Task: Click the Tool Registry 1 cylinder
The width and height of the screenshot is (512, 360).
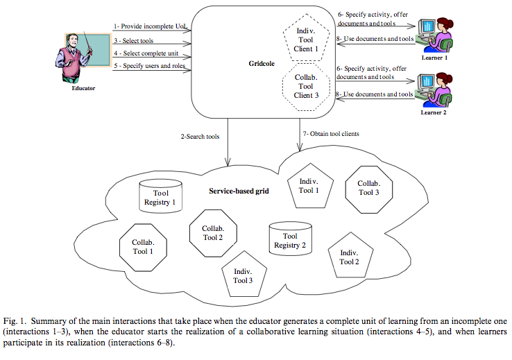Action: coord(160,196)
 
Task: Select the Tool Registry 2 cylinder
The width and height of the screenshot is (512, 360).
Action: coord(290,239)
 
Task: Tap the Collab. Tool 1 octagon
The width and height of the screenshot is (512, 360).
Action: coord(143,248)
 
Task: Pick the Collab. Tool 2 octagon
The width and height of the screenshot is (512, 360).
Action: coord(213,233)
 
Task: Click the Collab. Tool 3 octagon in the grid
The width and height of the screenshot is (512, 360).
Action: coord(369,189)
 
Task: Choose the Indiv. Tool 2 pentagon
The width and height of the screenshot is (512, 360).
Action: coord(350,255)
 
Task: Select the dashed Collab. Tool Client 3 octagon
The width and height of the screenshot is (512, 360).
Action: coord(306,87)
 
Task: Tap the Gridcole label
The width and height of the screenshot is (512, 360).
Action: coord(262,64)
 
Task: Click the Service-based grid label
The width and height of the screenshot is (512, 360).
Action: coord(239,191)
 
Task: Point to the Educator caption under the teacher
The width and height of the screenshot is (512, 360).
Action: coord(83,88)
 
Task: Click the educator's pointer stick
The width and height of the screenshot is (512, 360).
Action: coord(87,42)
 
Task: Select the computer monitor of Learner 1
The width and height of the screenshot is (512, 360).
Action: coord(427,26)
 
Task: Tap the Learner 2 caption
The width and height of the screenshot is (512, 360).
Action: coord(434,112)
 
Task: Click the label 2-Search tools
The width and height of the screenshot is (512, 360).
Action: coord(200,137)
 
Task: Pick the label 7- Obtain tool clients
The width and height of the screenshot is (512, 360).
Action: coord(331,133)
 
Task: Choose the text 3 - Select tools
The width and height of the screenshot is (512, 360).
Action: coord(134,41)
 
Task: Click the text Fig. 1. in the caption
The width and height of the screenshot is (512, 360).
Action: coord(15,321)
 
